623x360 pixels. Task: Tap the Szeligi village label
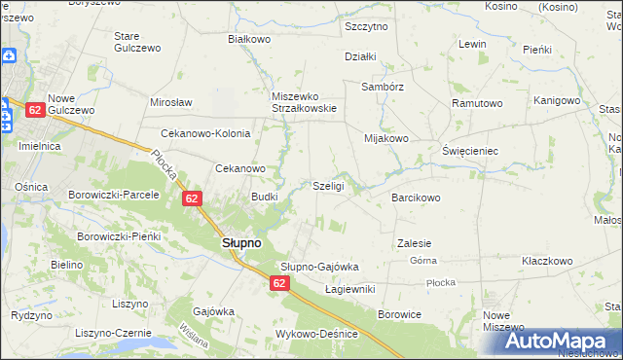[x=328, y=186]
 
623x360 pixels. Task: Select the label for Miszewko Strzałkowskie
[x=305, y=102]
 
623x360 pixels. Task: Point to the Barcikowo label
[x=416, y=198]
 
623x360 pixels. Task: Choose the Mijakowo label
[x=385, y=138]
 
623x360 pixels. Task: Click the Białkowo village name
[x=248, y=39]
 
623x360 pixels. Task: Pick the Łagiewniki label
[x=349, y=289]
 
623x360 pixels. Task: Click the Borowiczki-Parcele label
[x=113, y=195]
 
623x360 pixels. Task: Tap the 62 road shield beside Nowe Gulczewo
[x=34, y=110]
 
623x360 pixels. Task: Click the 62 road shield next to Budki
[x=192, y=199]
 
